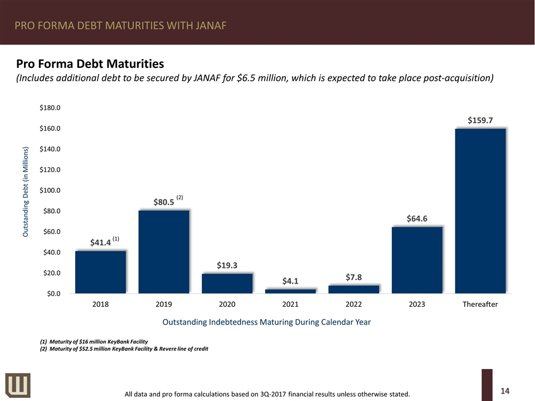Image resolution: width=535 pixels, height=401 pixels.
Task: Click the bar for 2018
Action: point(100,272)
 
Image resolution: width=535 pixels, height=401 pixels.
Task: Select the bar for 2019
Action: point(164,252)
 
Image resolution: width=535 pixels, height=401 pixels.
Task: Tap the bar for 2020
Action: point(227,283)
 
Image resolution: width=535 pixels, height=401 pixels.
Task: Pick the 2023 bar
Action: point(417,260)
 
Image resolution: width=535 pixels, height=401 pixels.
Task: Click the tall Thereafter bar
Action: point(480,211)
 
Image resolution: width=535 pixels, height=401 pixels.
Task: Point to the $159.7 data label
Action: point(480,120)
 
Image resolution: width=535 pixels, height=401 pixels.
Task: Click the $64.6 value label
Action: point(417,219)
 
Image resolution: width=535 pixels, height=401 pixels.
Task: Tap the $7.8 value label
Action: point(353,277)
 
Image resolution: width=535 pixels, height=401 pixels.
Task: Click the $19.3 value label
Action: point(227,266)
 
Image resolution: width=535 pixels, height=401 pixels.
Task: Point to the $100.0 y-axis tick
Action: point(50,190)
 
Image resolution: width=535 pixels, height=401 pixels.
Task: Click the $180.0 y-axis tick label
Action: point(50,108)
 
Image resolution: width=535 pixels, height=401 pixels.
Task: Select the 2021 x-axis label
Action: point(290,304)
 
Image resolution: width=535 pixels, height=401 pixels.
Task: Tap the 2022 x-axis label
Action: point(353,304)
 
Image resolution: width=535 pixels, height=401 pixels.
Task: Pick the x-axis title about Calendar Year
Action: point(266,322)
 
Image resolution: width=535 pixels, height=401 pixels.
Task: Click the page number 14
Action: point(505,391)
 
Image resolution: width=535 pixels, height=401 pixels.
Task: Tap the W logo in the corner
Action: point(18,384)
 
